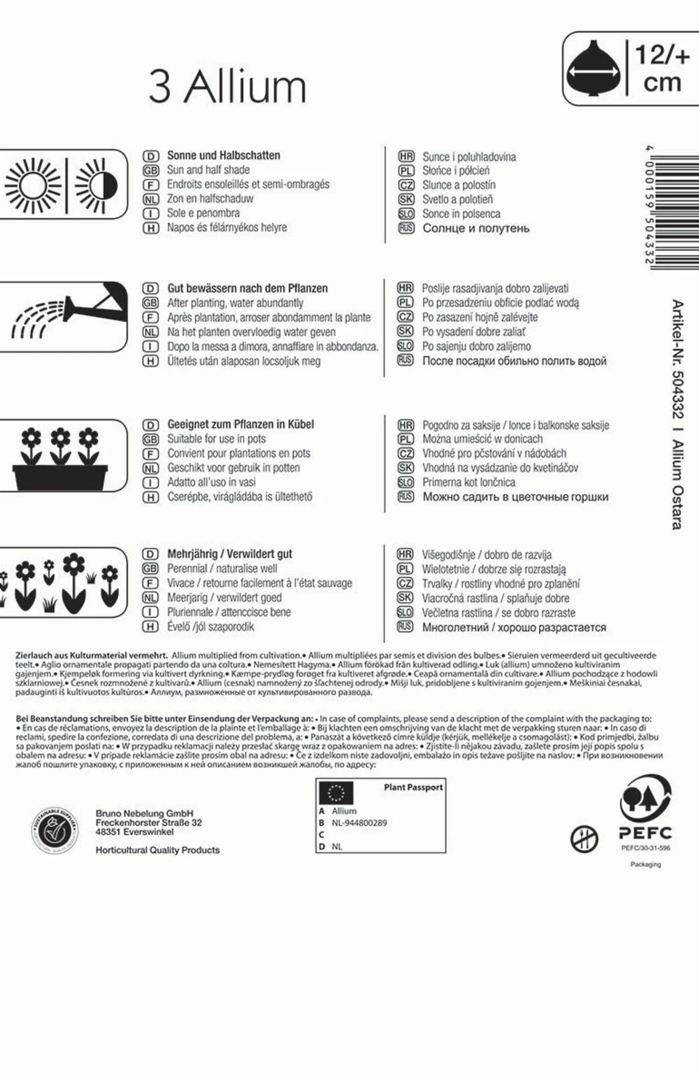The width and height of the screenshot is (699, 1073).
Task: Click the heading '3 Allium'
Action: click(227, 87)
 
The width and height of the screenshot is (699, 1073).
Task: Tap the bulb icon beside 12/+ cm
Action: click(593, 69)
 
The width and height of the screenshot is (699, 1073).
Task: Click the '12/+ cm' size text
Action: click(661, 69)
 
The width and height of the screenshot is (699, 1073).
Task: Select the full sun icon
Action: click(31, 184)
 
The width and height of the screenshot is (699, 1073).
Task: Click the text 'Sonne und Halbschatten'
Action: click(223, 155)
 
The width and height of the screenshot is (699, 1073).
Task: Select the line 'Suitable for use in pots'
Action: click(216, 439)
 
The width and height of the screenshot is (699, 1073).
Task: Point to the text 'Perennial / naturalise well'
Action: click(222, 568)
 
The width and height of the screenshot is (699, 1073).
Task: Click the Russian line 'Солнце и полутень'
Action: click(476, 228)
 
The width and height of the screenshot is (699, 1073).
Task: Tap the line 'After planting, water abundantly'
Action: click(235, 302)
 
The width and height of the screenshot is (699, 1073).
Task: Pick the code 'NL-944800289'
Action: click(359, 823)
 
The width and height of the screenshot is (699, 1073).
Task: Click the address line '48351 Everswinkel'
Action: click(135, 832)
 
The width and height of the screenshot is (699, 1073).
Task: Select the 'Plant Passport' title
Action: click(413, 787)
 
